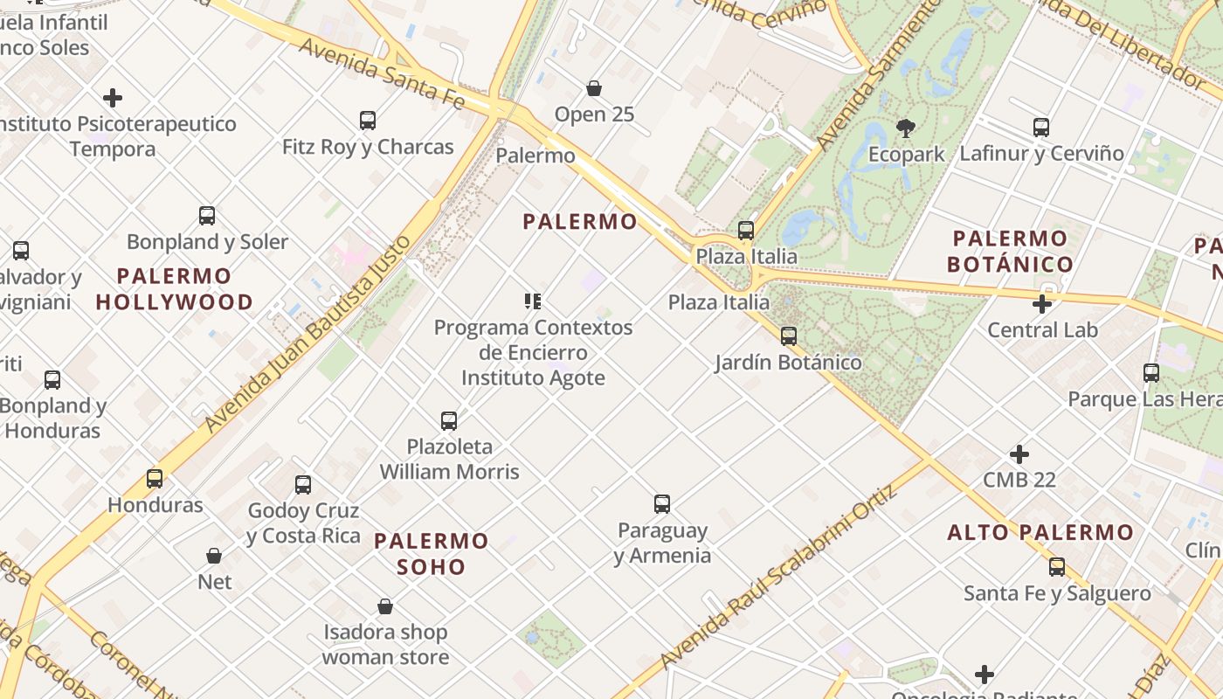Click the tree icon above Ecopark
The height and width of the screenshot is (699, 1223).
906,128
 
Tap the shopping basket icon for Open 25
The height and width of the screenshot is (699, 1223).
594,88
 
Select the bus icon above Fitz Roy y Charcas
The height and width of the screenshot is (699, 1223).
368,121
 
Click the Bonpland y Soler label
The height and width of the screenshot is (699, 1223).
207,242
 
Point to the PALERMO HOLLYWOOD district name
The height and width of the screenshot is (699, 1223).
174,289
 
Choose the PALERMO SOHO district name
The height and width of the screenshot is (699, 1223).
432,553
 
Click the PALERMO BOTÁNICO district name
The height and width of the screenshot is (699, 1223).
1010,251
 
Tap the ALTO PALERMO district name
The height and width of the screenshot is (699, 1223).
1040,532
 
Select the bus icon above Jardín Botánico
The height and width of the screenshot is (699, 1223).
789,336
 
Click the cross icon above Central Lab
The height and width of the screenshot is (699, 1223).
1041,304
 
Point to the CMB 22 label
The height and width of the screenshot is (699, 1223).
1019,480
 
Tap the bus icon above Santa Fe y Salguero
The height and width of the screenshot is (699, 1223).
1057,567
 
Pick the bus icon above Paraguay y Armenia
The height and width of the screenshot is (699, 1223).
662,504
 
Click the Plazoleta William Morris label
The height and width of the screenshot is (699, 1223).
449,459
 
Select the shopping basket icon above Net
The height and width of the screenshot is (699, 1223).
214,556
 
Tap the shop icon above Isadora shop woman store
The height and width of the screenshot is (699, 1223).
385,606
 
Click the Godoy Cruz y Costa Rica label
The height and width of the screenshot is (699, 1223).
303,523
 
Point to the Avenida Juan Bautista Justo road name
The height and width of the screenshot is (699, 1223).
307,334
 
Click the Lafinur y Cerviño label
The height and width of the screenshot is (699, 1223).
1041,154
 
